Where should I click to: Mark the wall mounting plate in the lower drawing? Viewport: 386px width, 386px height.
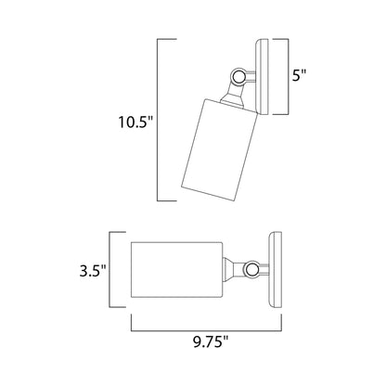pos(273,269)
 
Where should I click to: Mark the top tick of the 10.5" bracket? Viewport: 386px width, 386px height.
pos(166,40)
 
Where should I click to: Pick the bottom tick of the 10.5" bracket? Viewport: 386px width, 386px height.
pos(166,200)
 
